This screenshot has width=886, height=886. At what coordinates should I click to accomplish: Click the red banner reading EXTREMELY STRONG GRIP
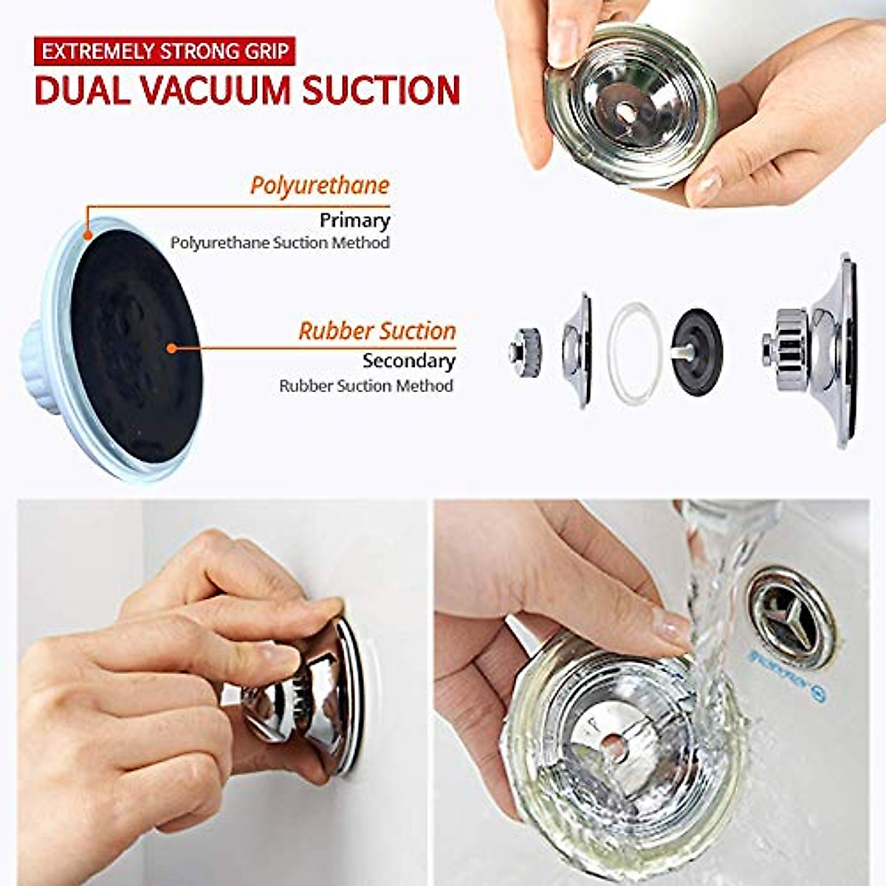tap(165, 52)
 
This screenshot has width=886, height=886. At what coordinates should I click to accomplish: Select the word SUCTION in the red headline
tap(381, 89)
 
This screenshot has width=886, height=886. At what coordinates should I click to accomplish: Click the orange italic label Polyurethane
tap(319, 185)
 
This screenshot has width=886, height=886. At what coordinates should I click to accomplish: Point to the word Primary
tap(354, 220)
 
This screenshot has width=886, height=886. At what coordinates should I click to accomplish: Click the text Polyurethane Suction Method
tap(280, 242)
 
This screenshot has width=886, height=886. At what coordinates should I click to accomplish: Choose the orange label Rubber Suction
tap(377, 331)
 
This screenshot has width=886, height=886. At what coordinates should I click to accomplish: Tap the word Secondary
tap(408, 360)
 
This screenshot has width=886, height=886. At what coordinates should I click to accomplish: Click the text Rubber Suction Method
tap(365, 385)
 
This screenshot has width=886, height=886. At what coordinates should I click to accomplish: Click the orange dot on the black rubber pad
tap(171, 347)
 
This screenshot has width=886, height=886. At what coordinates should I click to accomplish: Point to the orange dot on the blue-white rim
tap(88, 235)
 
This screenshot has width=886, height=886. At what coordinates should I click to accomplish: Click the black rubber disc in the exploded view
tap(696, 351)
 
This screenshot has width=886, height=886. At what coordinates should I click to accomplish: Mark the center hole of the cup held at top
tap(625, 111)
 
